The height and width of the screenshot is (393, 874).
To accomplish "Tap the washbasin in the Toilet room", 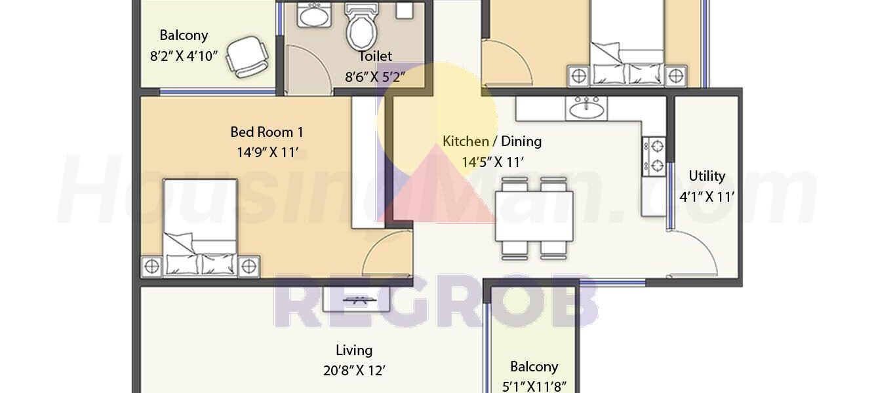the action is pos(314,15).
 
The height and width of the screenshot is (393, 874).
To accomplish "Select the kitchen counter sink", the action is pos(586,107).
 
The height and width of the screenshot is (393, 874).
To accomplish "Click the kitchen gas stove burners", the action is pos(654,156).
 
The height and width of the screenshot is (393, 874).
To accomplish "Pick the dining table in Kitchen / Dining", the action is pos(534,216).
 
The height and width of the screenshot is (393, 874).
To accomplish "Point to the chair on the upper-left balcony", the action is pos(247,57).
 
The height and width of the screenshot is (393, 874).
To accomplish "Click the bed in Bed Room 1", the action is pos(200,228).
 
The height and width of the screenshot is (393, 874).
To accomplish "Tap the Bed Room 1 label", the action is pos(267,132).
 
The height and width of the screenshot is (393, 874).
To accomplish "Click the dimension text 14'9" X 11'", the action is pos(268,152).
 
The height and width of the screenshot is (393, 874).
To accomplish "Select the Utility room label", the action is pos(707,176).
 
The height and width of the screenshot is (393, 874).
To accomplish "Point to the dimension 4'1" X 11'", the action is pos(707,196).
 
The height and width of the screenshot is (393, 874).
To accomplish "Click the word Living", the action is pos(354,350).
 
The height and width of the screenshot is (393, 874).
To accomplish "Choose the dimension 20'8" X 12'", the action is pos(354,370).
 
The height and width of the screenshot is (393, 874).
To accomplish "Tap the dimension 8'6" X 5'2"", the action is pos(374,77).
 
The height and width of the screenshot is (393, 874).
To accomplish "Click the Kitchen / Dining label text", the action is pos(492,141).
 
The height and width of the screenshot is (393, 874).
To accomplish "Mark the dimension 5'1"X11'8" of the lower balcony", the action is pos(534,386).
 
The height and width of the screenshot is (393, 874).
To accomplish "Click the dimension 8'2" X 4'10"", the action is pos(184,56).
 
